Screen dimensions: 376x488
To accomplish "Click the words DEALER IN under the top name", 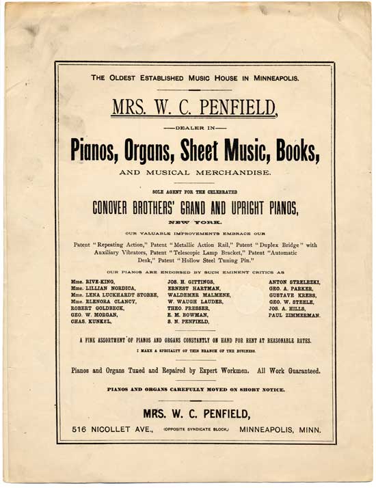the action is tap(196, 127).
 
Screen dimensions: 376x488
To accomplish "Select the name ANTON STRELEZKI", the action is tap(295, 282).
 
